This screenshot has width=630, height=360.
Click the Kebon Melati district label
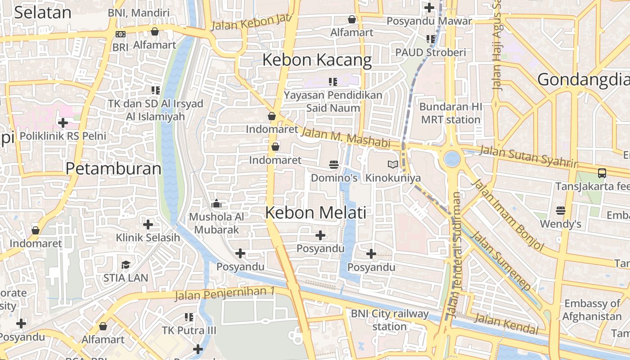pos(315,212)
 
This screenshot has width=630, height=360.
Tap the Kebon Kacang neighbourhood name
pos(317,60)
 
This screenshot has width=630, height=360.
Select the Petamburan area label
pos(113,169)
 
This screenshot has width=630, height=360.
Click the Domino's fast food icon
pos(333,165)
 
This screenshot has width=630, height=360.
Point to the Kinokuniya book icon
pos(393,165)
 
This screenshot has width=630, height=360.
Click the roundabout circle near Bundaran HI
pos(452,158)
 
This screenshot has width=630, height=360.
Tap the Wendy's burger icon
pos(560,210)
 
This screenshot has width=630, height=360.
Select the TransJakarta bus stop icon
pos(602,173)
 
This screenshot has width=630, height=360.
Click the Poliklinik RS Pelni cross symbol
pos(63,122)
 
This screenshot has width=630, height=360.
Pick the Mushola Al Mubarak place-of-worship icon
pos(216,204)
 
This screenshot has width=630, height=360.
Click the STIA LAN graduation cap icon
pos(126,265)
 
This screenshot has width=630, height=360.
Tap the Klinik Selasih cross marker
pos(148,224)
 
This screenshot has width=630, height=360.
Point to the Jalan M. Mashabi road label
pos(345,137)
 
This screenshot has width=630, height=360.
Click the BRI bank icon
pos(121,34)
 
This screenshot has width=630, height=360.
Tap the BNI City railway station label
pos(390,320)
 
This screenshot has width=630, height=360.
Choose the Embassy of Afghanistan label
pos(592,310)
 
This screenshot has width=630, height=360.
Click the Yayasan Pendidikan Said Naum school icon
pos(333,82)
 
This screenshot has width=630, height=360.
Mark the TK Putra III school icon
pos(189,317)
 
